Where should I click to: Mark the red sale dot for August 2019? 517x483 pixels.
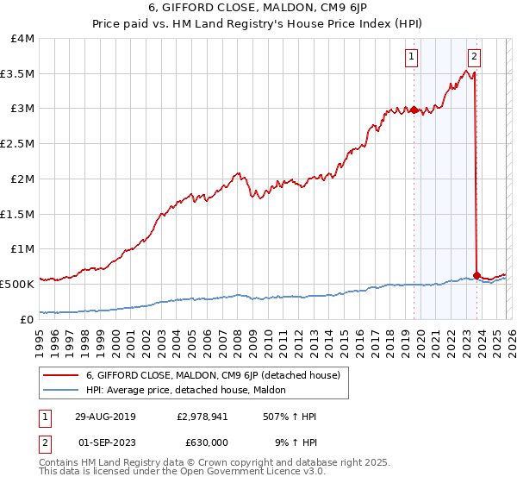[x=414, y=110]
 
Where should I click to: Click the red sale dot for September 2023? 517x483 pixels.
[x=477, y=275]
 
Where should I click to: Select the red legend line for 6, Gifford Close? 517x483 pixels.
[x=60, y=375]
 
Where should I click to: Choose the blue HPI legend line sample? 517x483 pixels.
[x=60, y=391]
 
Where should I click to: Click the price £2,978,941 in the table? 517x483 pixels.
[x=203, y=417]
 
